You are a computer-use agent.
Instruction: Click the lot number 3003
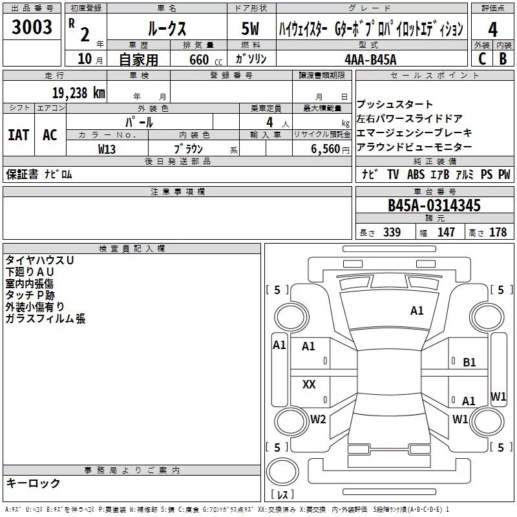point(32,28)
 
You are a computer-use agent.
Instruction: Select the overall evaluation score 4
point(492,30)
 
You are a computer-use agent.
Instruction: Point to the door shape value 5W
point(251,30)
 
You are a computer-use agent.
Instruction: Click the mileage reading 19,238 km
point(78,92)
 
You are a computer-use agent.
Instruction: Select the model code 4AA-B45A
point(370,59)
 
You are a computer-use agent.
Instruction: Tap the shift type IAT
point(18,135)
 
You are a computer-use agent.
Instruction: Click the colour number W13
point(107,149)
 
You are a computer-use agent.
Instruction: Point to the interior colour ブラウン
point(189,149)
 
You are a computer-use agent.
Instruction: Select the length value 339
point(391,233)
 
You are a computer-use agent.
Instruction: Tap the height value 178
point(498,233)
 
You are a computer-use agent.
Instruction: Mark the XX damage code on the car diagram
point(309,385)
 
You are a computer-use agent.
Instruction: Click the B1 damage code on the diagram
point(469,363)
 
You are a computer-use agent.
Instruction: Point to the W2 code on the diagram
point(318,419)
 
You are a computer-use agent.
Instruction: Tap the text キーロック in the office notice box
point(34,483)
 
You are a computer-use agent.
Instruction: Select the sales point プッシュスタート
point(395,105)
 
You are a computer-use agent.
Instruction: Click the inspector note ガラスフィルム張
point(45,319)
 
